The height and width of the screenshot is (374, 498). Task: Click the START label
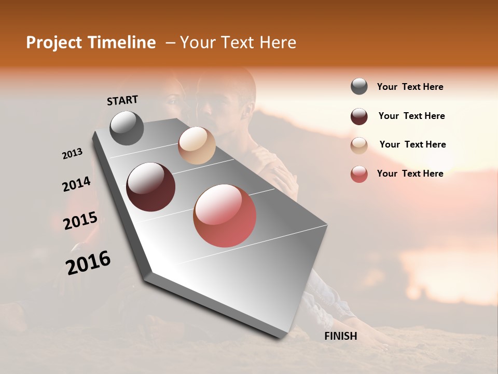pyautogui.click(x=122, y=100)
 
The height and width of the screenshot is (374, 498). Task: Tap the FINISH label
pyautogui.click(x=340, y=336)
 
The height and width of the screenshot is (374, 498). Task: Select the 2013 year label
pyautogui.click(x=72, y=154)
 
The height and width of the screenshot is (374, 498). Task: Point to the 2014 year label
pyautogui.click(x=76, y=184)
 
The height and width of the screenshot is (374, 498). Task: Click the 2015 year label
pyautogui.click(x=80, y=221)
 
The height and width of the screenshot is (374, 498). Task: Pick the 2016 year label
pyautogui.click(x=88, y=262)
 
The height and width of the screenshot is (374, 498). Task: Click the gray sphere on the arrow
pyautogui.click(x=127, y=128)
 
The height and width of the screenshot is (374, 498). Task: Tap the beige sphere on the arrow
pyautogui.click(x=197, y=145)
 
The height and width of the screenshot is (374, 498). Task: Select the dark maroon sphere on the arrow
pyautogui.click(x=151, y=187)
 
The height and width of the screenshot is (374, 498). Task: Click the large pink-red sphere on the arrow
pyautogui.click(x=225, y=216)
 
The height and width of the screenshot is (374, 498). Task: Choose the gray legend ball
pyautogui.click(x=359, y=87)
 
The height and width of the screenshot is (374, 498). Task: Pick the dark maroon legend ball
pyautogui.click(x=359, y=116)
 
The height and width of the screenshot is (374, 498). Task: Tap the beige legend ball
pyautogui.click(x=359, y=145)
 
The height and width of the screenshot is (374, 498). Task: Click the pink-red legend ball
pyautogui.click(x=359, y=174)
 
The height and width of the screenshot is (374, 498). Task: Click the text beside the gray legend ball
pyautogui.click(x=410, y=87)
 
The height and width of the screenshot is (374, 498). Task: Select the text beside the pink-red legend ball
pyautogui.click(x=410, y=173)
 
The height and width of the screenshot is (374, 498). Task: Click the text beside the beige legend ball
pyautogui.click(x=412, y=144)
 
